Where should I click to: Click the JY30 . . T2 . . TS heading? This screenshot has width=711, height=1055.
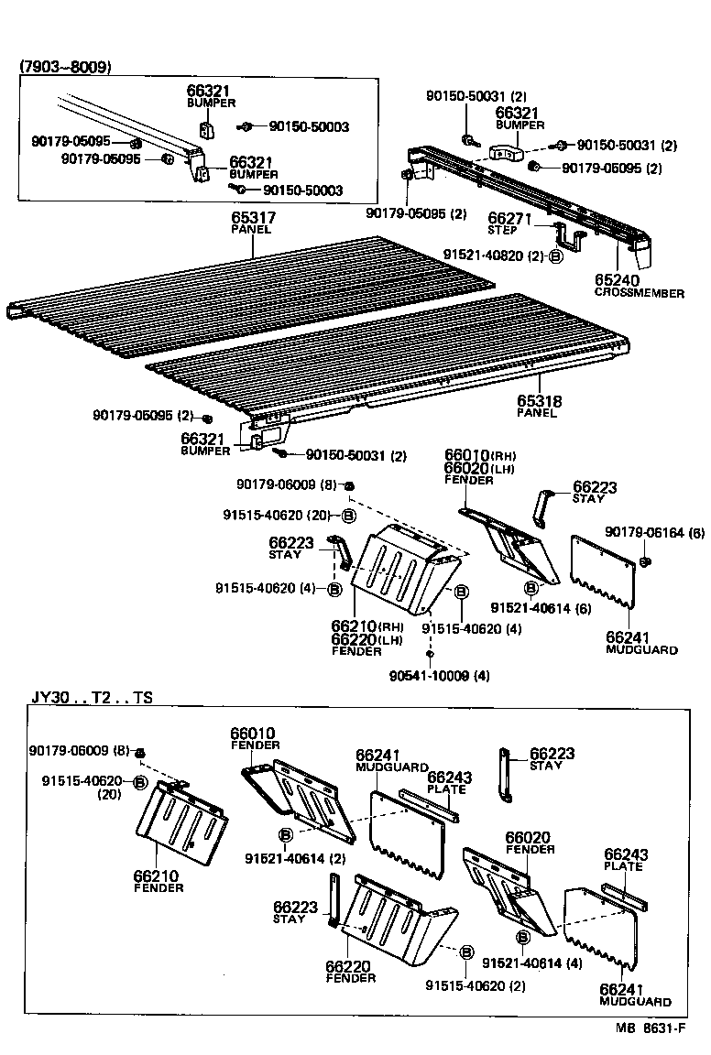click(x=92, y=697)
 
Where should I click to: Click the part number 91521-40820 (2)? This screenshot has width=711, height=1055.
click(x=495, y=256)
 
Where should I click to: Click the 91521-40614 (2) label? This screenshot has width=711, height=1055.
click(x=288, y=857)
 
